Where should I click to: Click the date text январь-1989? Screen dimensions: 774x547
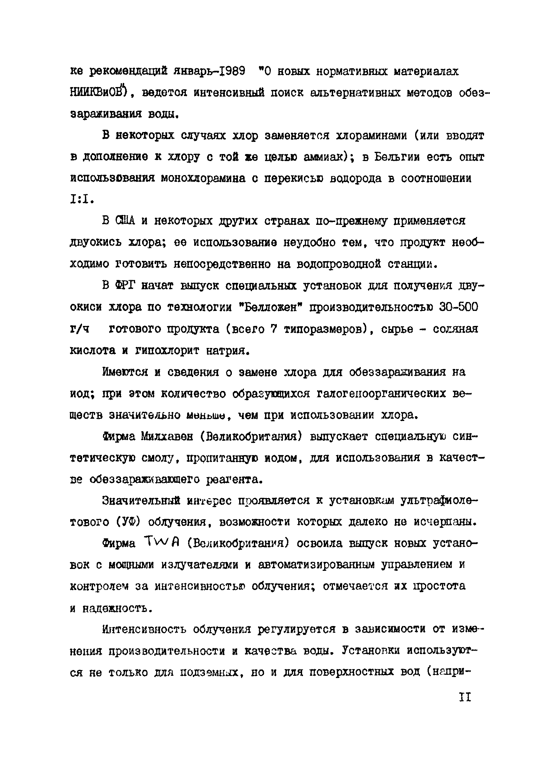point(209,72)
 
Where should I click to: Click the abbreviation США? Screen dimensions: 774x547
point(125,221)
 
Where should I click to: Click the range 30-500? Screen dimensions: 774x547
point(459,307)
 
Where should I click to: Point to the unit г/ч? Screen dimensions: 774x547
point(79,329)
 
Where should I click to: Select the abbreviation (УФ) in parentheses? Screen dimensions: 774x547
point(128,522)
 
